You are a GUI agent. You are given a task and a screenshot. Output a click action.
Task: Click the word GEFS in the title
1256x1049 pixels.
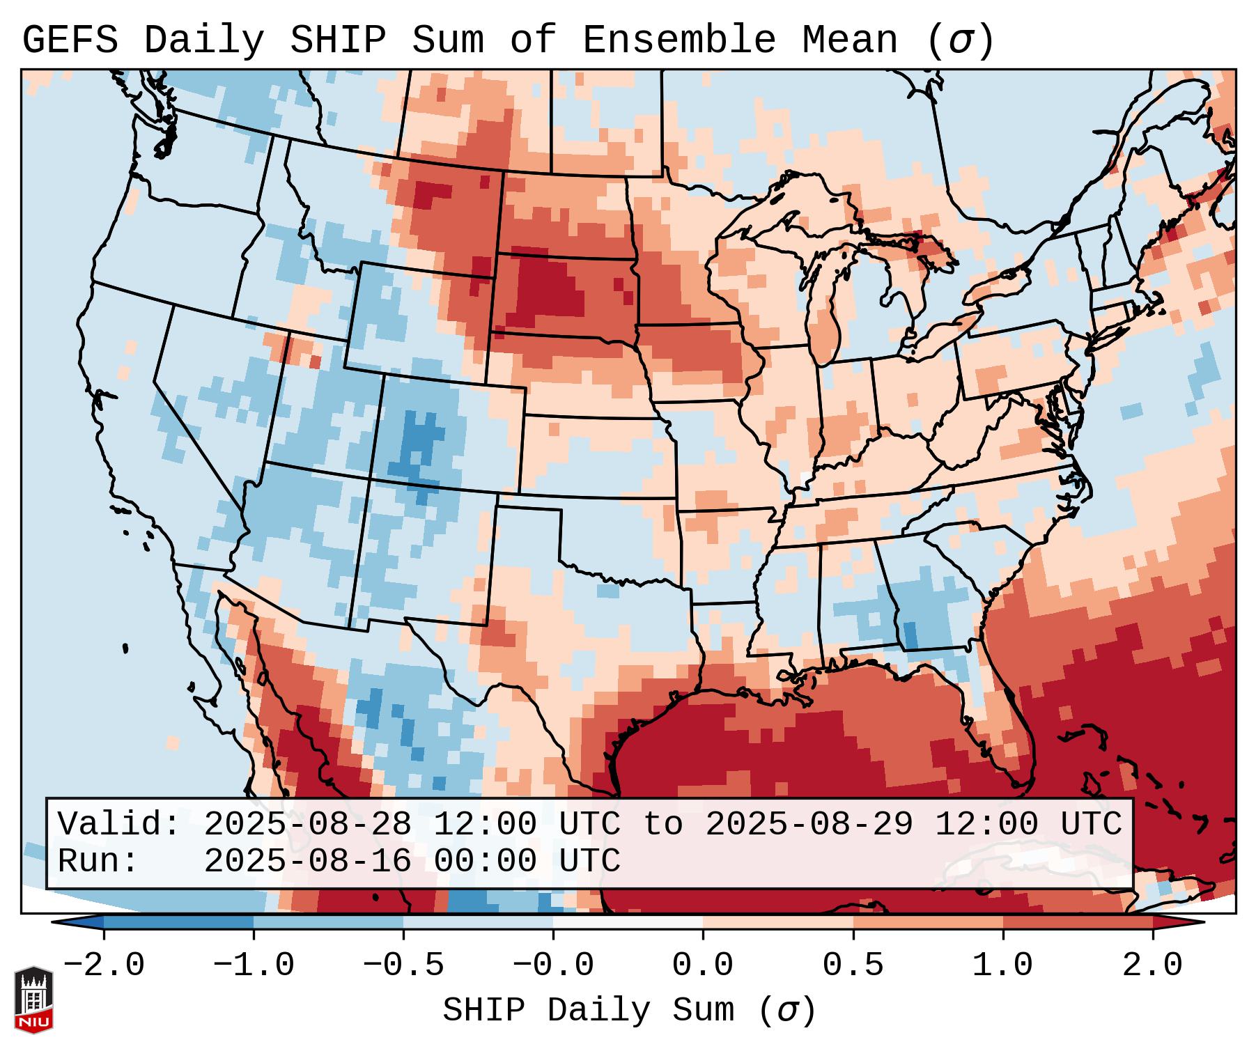pyautogui.click(x=70, y=40)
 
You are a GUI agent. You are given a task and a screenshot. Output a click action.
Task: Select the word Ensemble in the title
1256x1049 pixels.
pyautogui.click(x=679, y=40)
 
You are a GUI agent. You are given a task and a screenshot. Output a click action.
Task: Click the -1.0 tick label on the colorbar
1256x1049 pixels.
pyautogui.click(x=253, y=965)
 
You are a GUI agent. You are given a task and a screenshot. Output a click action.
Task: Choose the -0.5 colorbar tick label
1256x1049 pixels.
pyautogui.click(x=403, y=965)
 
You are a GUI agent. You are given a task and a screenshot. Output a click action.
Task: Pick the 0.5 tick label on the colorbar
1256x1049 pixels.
pyautogui.click(x=853, y=965)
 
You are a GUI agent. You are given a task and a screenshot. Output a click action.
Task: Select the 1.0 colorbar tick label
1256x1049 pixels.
pyautogui.click(x=1002, y=965)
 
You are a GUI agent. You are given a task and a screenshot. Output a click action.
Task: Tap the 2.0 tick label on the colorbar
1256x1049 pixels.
pyautogui.click(x=1152, y=965)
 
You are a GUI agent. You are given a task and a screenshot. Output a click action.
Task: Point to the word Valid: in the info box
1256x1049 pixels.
pyautogui.click(x=119, y=824)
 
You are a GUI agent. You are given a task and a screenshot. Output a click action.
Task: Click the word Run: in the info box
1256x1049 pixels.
pyautogui.click(x=98, y=861)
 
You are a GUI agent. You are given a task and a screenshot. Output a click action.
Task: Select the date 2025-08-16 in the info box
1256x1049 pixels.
pyautogui.click(x=307, y=861)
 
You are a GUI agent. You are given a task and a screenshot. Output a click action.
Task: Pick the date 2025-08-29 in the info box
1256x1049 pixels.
pyautogui.click(x=809, y=824)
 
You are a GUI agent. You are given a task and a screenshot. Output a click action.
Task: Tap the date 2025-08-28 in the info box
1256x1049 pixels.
pyautogui.click(x=307, y=824)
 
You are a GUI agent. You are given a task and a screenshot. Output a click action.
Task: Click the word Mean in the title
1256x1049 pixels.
pyautogui.click(x=850, y=40)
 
